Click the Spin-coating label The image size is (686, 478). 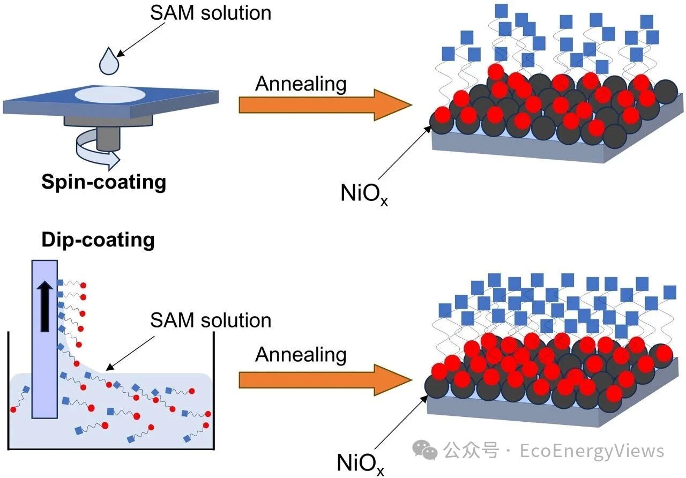(x=104, y=182)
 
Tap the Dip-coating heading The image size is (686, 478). (x=98, y=239)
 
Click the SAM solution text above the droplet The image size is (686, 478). (x=211, y=13)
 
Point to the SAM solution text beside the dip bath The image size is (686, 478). (x=211, y=320)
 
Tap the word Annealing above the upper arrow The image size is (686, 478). (x=301, y=84)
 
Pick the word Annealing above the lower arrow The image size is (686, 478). (x=301, y=355)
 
